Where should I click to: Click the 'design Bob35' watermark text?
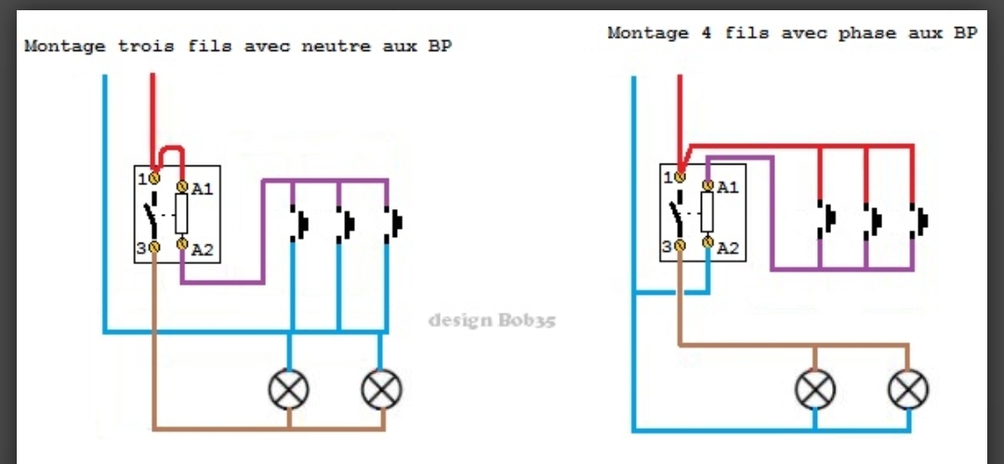click(x=492, y=321)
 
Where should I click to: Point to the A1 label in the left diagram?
click(x=203, y=189)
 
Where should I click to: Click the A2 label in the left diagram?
click(x=203, y=248)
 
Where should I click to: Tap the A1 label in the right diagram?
click(x=728, y=187)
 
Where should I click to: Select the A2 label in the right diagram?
click(x=728, y=247)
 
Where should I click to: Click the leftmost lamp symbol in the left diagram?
click(x=289, y=389)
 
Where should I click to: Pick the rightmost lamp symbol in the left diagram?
click(x=380, y=389)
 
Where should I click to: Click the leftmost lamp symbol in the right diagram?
click(x=815, y=389)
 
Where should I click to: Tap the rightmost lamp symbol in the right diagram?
click(x=907, y=389)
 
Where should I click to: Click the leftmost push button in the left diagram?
click(x=300, y=223)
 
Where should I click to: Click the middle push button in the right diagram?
click(x=874, y=221)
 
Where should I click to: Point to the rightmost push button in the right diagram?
click(x=920, y=221)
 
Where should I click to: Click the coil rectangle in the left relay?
click(x=182, y=215)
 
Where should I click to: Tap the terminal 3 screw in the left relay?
click(x=154, y=246)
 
